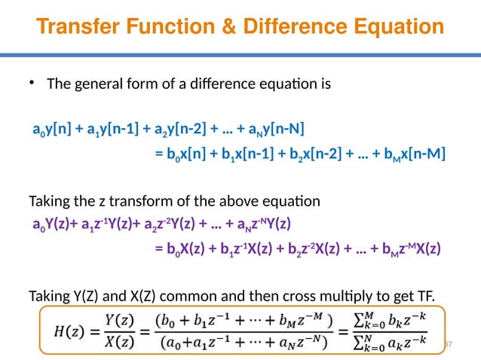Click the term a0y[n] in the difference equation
pyautogui.click(x=50, y=127)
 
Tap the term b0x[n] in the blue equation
pyautogui.click(x=188, y=155)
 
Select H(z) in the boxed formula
pyautogui.click(x=66, y=331)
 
